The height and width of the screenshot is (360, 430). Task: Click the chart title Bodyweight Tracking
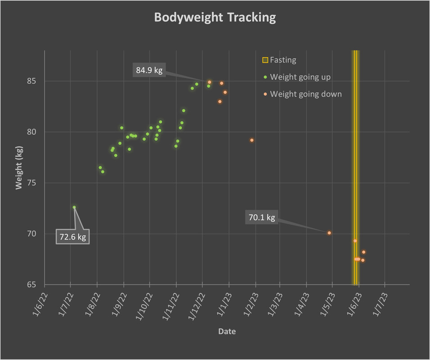pyautogui.click(x=215, y=18)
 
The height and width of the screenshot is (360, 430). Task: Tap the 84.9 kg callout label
pyautogui.click(x=149, y=70)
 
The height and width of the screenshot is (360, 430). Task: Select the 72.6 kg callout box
pyautogui.click(x=72, y=237)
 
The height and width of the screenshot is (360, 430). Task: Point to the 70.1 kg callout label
pyautogui.click(x=261, y=218)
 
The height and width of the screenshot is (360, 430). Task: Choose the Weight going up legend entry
pyautogui.click(x=300, y=77)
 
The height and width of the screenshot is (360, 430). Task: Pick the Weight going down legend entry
pyautogui.click(x=305, y=94)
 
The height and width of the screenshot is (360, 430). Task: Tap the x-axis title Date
pyautogui.click(x=227, y=332)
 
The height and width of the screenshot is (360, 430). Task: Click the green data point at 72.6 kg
pyautogui.click(x=74, y=207)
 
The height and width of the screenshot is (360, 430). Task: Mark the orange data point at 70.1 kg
pyautogui.click(x=329, y=233)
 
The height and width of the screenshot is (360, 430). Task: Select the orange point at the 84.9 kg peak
pyautogui.click(x=210, y=82)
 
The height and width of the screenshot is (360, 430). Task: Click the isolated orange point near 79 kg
pyautogui.click(x=252, y=140)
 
